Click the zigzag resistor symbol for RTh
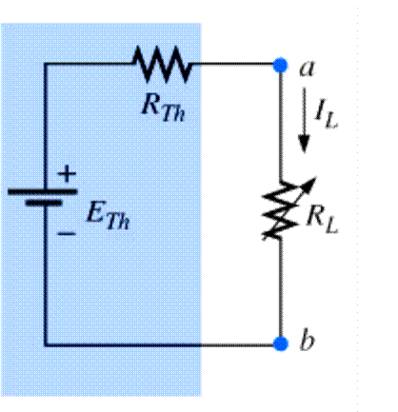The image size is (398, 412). (163, 66)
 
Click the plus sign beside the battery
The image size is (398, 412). (67, 174)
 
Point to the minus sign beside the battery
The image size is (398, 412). (67, 229)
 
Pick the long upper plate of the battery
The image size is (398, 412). (44, 189)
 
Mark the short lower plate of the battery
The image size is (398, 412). (44, 203)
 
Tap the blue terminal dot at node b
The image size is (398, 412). (280, 342)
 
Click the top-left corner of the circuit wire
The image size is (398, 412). (44, 65)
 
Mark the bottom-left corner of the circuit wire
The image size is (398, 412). (44, 342)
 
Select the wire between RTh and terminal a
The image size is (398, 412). (233, 65)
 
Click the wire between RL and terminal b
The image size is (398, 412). (280, 290)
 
